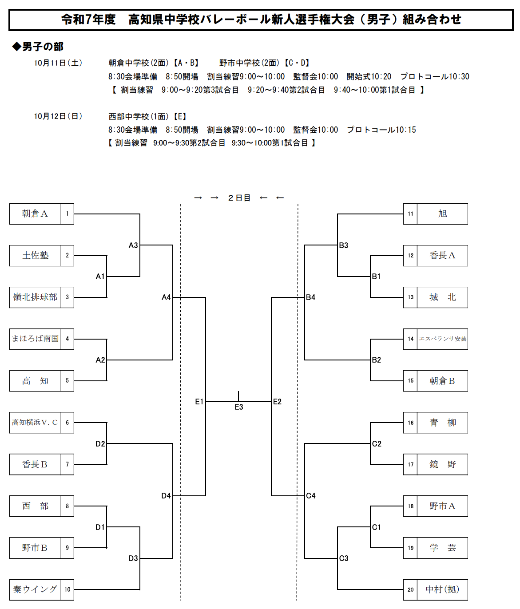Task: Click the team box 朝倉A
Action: pyautogui.click(x=35, y=214)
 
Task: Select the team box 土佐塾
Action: pyautogui.click(x=35, y=256)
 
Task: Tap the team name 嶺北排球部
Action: pyautogui.click(x=35, y=297)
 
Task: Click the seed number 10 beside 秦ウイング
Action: pyautogui.click(x=67, y=589)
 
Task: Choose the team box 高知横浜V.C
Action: pyautogui.click(x=35, y=423)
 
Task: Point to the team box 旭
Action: pyautogui.click(x=442, y=214)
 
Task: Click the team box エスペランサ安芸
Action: pyautogui.click(x=442, y=339)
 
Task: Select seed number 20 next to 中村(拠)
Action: pyautogui.click(x=410, y=589)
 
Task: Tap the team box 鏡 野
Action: pyautogui.click(x=442, y=464)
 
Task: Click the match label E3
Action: pyautogui.click(x=239, y=407)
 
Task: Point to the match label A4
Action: pyautogui.click(x=166, y=297)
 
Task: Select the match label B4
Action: pyautogui.click(x=311, y=297)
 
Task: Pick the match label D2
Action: pyautogui.click(x=100, y=444)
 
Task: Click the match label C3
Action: pyautogui.click(x=344, y=558)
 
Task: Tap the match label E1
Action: pyautogui.click(x=199, y=402)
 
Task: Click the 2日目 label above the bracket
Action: pyautogui.click(x=239, y=198)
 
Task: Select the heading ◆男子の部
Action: pyautogui.click(x=38, y=47)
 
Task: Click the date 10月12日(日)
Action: pyautogui.click(x=58, y=116)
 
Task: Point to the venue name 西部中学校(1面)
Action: pyautogui.click(x=139, y=117)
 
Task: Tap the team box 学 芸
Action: pyautogui.click(x=442, y=548)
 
